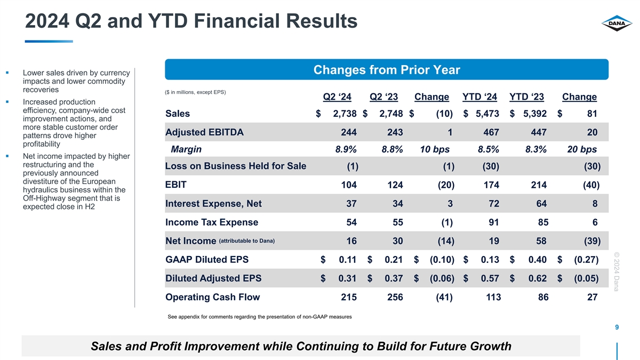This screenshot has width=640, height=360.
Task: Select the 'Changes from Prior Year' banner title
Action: [387, 70]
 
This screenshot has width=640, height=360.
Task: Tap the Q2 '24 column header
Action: [337, 97]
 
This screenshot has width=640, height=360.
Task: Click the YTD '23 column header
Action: [527, 97]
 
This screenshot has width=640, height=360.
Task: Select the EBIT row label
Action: [176, 185]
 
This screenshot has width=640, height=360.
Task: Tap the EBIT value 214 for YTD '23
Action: [537, 186]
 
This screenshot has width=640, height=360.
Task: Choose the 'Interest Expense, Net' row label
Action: [213, 203]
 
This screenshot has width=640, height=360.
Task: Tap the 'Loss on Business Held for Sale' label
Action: [236, 166]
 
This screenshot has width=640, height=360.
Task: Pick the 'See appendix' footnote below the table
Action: [259, 317]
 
